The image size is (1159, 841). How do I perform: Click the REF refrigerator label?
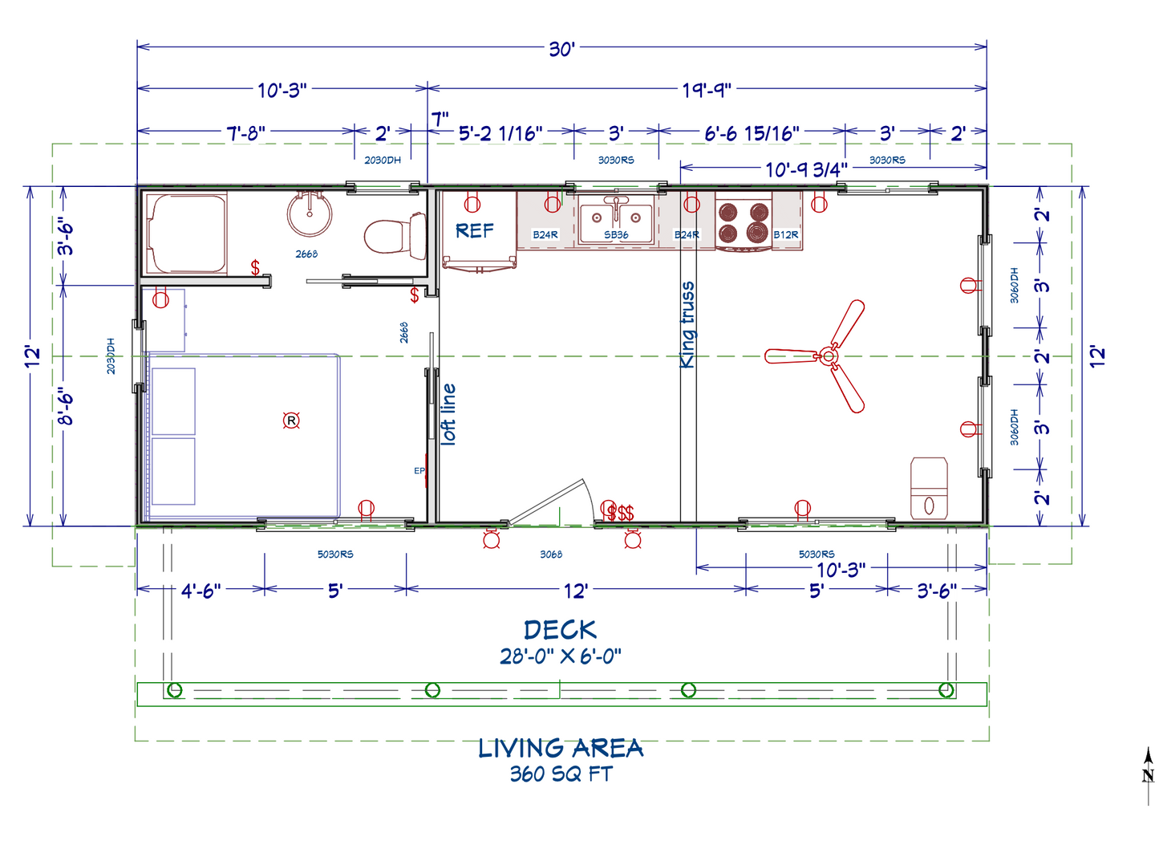[475, 231]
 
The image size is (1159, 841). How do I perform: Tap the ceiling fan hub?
[829, 356]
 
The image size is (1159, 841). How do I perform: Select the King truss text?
[687, 325]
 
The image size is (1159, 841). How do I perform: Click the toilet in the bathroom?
[395, 236]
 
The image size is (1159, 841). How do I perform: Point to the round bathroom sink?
[310, 213]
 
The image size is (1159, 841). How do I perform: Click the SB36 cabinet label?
[616, 235]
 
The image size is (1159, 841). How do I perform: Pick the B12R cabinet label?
[785, 235]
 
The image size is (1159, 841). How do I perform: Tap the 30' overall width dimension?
[561, 50]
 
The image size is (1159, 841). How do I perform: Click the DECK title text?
[561, 631]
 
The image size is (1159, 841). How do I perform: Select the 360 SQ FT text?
[561, 774]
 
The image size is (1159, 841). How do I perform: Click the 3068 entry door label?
[551, 555]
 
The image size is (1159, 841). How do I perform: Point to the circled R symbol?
[291, 420]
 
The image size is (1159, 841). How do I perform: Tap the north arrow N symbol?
[1148, 774]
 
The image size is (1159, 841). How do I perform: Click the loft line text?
[448, 414]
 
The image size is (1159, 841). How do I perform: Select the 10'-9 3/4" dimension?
[806, 169]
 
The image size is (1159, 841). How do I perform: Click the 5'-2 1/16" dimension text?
[500, 133]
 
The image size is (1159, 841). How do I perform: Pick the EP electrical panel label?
[419, 470]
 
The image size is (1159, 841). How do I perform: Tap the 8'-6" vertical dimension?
[67, 406]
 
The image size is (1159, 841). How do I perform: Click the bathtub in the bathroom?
[187, 234]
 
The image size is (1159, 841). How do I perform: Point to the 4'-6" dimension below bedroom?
[201, 591]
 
